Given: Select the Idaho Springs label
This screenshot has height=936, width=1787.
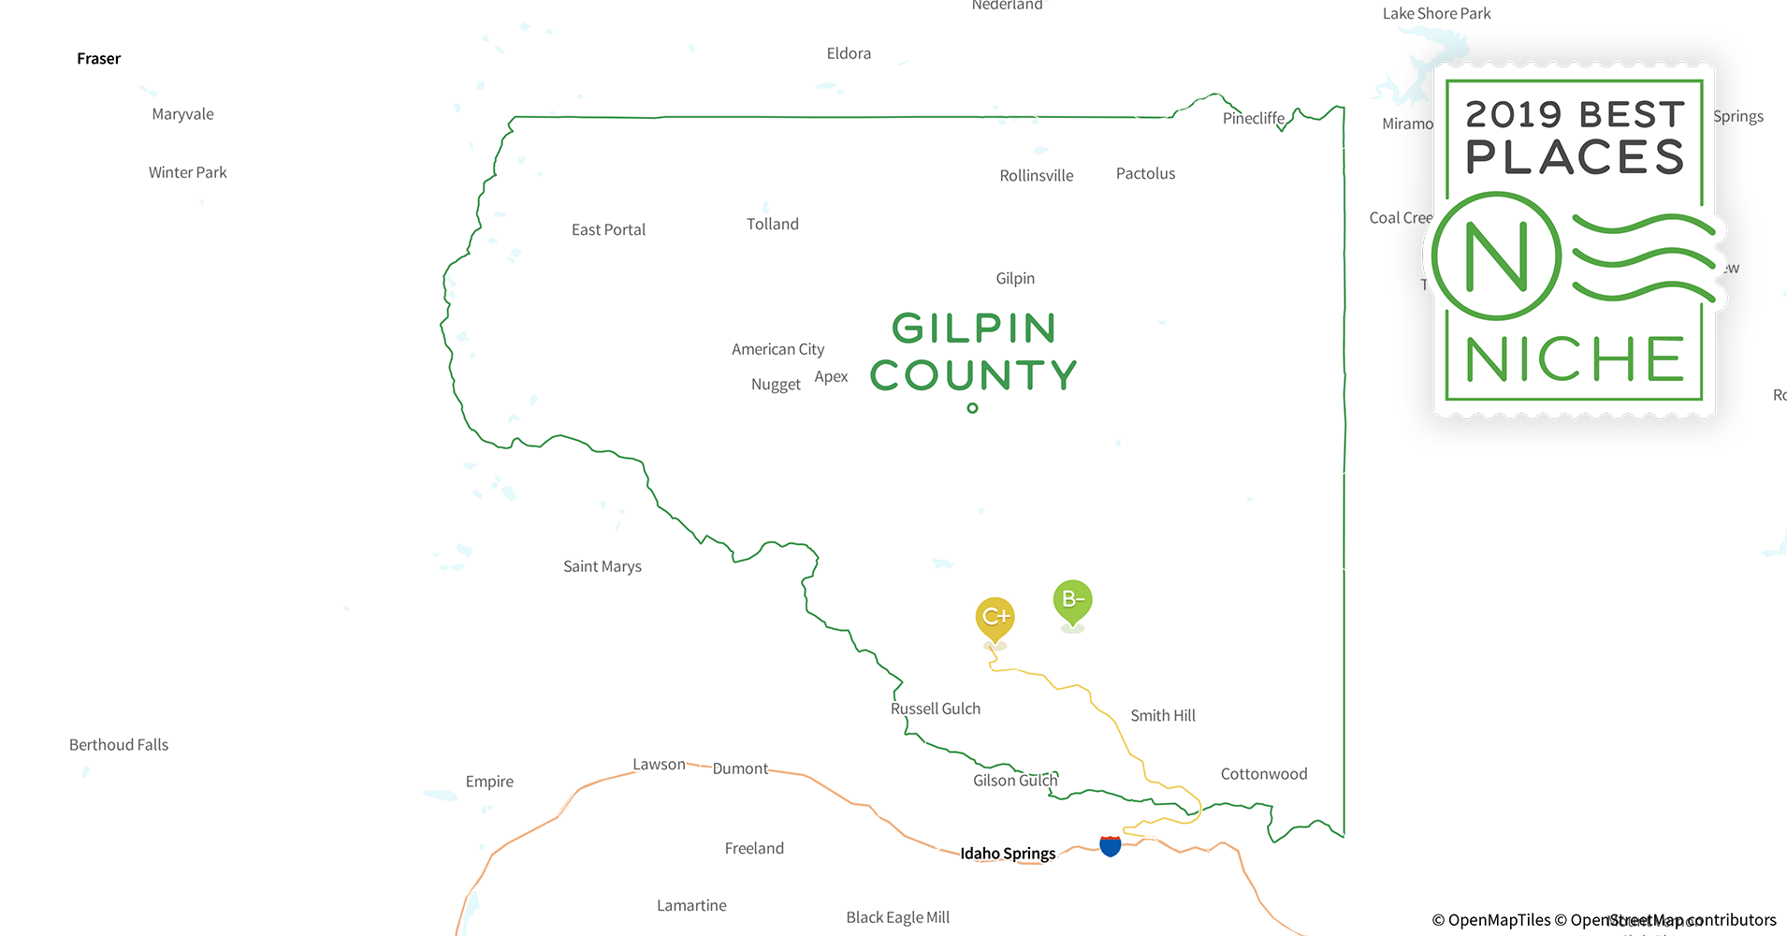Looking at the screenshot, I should point(1008,853).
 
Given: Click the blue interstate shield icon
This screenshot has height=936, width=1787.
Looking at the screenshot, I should point(1111,846).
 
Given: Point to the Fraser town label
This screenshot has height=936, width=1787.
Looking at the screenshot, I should point(98,59).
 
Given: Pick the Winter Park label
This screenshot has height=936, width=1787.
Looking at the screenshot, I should point(187,172).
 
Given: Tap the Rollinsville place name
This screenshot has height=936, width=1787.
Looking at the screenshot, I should point(1036,176).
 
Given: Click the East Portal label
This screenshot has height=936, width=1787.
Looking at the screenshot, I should point(608,229).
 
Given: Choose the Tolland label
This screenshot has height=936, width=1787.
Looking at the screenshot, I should point(772,224).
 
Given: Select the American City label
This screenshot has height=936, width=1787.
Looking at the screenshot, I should point(777,349).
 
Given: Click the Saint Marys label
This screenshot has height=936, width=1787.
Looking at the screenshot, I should point(602,566).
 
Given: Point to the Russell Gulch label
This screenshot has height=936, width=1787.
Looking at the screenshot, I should point(935,709).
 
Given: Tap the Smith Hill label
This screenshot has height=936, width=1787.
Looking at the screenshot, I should point(1162,715).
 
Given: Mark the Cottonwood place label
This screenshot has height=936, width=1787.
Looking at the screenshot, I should point(1263,774).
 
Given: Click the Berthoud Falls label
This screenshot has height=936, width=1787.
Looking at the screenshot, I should point(119,745).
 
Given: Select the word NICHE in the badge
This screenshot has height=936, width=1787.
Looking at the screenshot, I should point(1575,359).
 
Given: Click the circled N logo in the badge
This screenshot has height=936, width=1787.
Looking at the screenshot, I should point(1496,256).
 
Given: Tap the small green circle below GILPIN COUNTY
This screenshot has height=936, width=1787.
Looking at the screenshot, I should point(972,408).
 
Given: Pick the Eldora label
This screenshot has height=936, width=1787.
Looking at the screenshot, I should point(849,53).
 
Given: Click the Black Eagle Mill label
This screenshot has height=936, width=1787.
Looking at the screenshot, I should point(897,917).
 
